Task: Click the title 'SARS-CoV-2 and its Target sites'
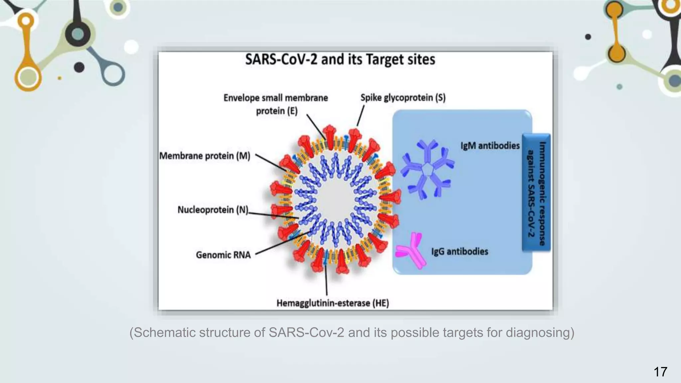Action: click(x=340, y=60)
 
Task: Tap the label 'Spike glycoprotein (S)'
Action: click(x=403, y=98)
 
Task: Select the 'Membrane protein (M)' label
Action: click(x=204, y=156)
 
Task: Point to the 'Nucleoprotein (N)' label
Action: click(x=213, y=210)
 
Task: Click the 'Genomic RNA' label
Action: click(x=223, y=255)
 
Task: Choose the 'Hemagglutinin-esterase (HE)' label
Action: click(x=333, y=303)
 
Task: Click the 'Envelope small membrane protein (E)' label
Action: click(x=276, y=104)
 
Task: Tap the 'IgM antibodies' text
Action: click(x=490, y=146)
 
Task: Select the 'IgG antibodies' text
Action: click(x=460, y=251)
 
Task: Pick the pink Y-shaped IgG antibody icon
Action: click(x=411, y=250)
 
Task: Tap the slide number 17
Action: click(x=660, y=372)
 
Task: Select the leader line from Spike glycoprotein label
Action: click(x=360, y=116)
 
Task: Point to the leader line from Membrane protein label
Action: click(x=270, y=163)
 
